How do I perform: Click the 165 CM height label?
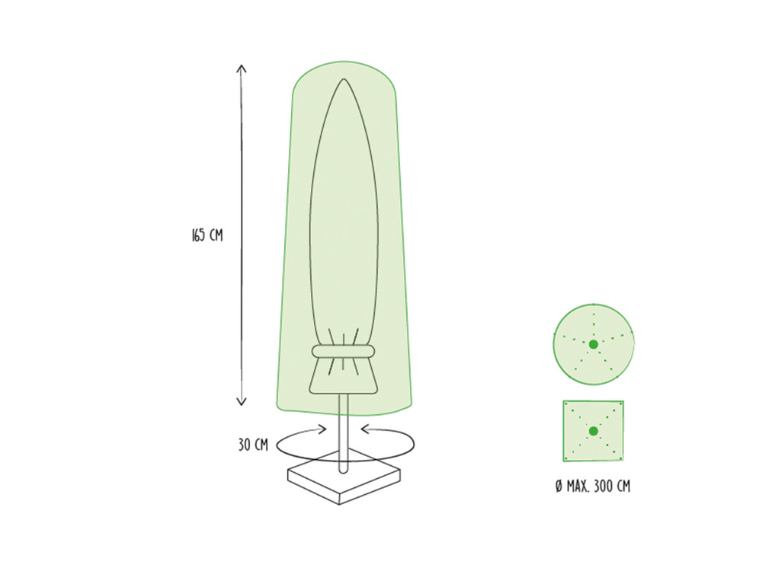(x=207, y=235)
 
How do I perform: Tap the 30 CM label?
(x=253, y=445)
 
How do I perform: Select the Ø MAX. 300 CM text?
(x=593, y=486)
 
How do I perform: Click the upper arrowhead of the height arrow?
(x=242, y=69)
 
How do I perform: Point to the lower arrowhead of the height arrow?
(x=242, y=401)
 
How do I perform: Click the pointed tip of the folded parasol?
(x=344, y=80)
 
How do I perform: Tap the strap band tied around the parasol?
(x=344, y=351)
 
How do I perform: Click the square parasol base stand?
(x=344, y=480)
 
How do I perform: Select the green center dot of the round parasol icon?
(x=594, y=344)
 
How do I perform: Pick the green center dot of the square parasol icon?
(x=594, y=431)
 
